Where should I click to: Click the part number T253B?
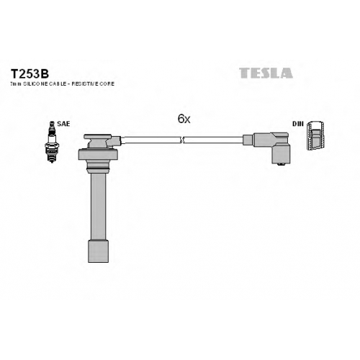(30, 74)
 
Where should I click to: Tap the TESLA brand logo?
(266, 73)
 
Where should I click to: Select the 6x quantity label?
(184, 119)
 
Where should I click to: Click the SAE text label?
(63, 124)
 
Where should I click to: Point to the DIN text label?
(298, 124)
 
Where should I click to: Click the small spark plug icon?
(52, 142)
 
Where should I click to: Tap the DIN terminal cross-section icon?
(316, 135)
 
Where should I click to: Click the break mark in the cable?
(181, 140)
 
